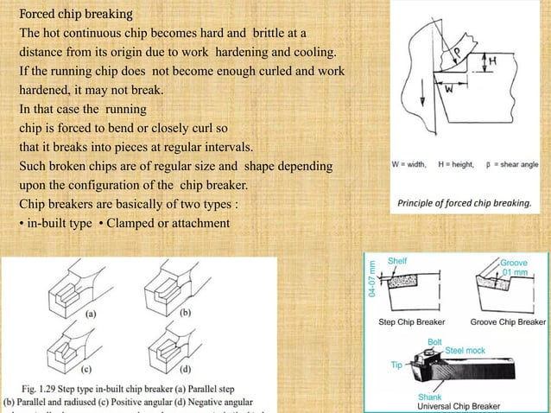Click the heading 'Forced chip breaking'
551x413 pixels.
(76, 15)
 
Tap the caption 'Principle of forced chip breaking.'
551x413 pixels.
(463, 203)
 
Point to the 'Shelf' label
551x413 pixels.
(398, 259)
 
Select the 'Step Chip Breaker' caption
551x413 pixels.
(413, 322)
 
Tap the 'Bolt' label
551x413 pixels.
(436, 342)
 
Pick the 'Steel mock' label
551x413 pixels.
(464, 351)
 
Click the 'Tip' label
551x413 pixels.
(396, 365)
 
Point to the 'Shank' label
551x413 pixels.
(430, 397)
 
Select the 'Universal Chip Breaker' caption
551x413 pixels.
(459, 405)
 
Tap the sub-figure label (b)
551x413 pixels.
(186, 311)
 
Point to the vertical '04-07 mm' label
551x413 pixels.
(372, 277)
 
